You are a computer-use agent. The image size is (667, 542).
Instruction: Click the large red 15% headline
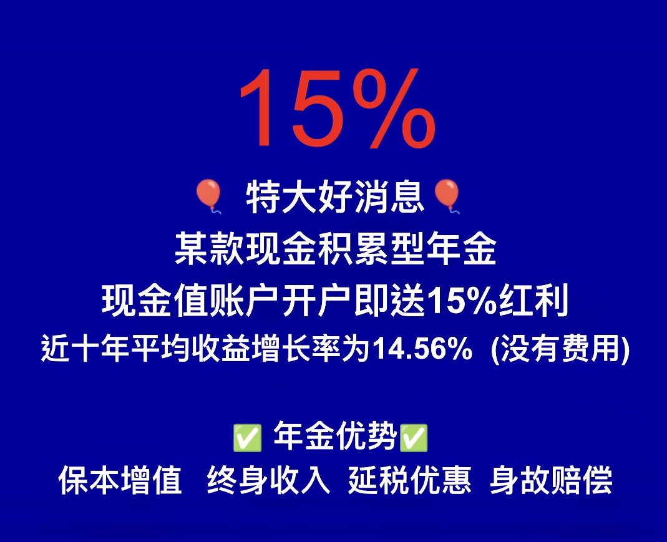[x=338, y=109]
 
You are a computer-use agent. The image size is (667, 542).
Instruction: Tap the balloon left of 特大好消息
[x=208, y=196]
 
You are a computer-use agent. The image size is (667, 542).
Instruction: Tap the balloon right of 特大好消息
[x=447, y=196]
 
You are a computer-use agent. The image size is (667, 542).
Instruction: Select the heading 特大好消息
[x=335, y=196]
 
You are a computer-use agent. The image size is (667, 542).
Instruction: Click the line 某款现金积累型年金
[x=336, y=249]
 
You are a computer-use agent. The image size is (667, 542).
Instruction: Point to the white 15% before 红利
[x=462, y=301]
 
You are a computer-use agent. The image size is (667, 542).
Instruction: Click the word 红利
[x=533, y=301]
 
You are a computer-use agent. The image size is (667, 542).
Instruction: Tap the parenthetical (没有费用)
[x=560, y=349]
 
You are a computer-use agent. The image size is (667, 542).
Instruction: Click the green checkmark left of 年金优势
[x=247, y=438]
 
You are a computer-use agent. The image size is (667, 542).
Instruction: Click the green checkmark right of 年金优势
[x=414, y=438]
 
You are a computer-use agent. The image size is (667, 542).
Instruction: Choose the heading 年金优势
[x=334, y=436]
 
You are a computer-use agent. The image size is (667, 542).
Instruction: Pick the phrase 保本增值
[x=120, y=480]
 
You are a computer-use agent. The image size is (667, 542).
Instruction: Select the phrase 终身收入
[x=269, y=480]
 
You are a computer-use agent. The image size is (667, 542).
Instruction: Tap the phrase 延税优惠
[x=410, y=480]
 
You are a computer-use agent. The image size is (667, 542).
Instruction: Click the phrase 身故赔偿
[x=551, y=480]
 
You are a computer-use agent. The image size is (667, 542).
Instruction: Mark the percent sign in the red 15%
[x=392, y=109]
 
